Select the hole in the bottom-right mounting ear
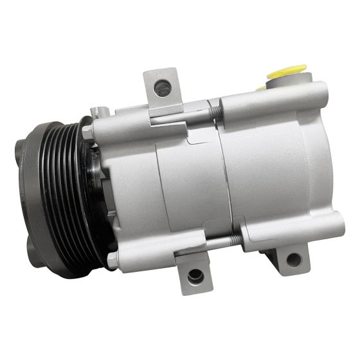pos(293,260)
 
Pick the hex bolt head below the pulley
pos(113,259)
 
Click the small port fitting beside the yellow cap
pos(260,86)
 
